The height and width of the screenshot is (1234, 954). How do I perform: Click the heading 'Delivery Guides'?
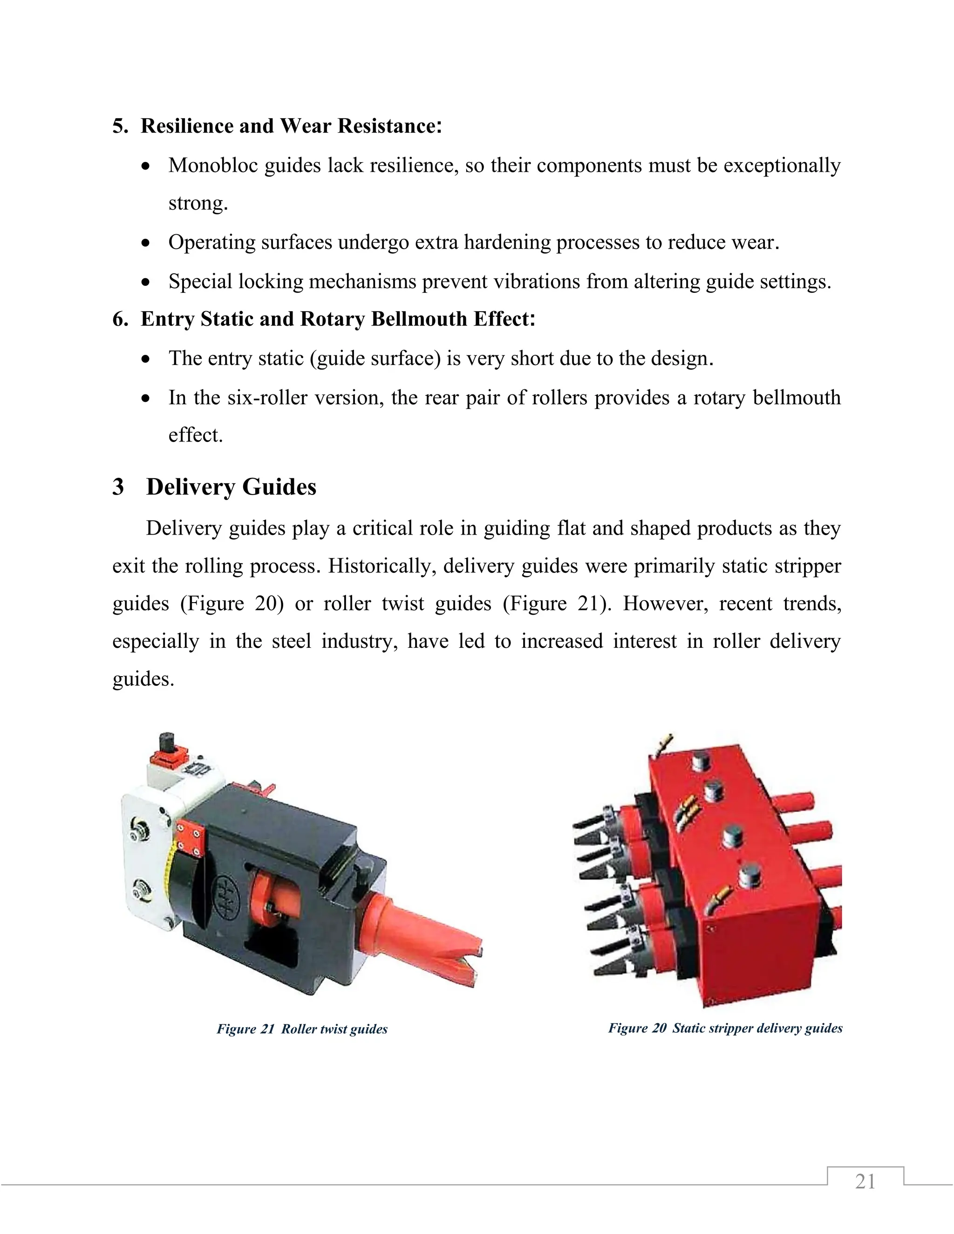tap(231, 487)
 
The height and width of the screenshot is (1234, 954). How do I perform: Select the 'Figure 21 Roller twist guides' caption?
tap(302, 1029)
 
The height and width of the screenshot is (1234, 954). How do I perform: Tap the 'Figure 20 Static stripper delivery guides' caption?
tap(725, 1028)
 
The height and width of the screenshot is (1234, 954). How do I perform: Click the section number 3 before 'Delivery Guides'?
tap(118, 487)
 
